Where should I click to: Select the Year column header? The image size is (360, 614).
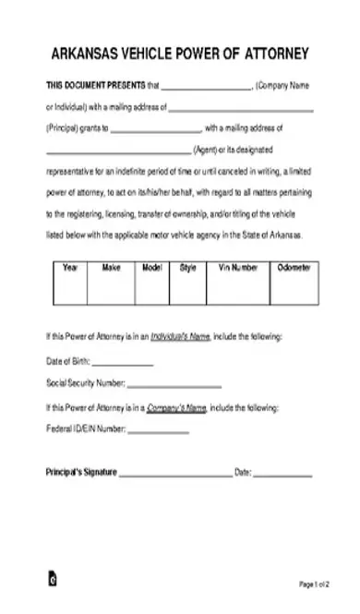pyautogui.click(x=70, y=268)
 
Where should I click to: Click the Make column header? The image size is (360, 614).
pyautogui.click(x=111, y=268)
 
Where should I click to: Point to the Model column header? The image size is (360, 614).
pyautogui.click(x=151, y=268)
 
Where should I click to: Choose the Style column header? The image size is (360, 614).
pyautogui.click(x=188, y=268)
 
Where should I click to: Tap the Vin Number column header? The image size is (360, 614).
pyautogui.click(x=238, y=268)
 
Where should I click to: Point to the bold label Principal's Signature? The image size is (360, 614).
pyautogui.click(x=81, y=471)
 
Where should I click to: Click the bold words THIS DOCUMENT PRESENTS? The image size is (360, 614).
pyautogui.click(x=95, y=85)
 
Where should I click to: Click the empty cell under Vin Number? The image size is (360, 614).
pyautogui.click(x=238, y=290)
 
